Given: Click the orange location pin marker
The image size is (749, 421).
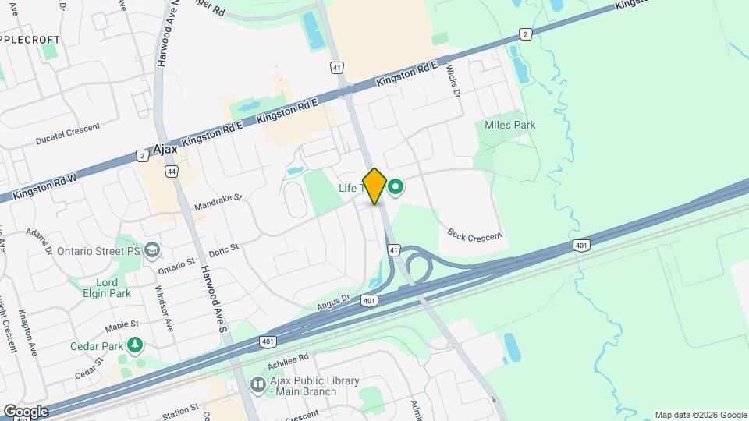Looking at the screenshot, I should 374,186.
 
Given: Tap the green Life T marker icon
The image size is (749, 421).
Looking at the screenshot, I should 396,187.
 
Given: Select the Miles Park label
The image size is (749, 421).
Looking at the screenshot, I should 509,125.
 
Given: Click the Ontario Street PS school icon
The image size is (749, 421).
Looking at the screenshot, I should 153,251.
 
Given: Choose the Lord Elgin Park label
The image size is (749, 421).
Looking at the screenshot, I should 106,288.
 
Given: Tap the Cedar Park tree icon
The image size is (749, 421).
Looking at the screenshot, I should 136,344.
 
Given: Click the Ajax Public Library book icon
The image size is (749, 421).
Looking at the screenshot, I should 257,384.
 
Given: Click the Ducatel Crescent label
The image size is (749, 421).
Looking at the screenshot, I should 69,136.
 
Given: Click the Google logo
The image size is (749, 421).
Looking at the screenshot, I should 26,411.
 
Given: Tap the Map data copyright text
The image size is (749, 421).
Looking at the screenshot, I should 701,415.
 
